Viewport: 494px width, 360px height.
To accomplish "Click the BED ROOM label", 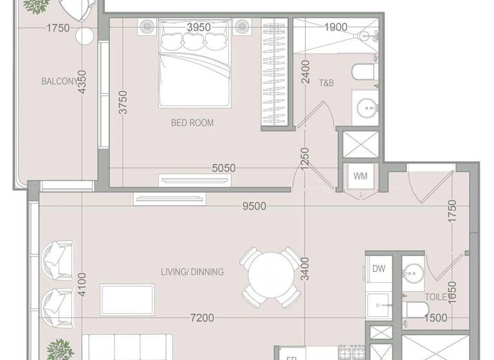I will click(x=192, y=123).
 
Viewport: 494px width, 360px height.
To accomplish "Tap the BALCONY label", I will click(x=59, y=82).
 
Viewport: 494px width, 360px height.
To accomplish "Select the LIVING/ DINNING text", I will click(x=192, y=272).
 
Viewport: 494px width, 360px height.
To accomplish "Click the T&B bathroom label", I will click(x=326, y=82).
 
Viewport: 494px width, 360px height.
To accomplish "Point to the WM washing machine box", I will click(x=359, y=175).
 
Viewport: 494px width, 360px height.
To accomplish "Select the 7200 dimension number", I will click(x=203, y=318).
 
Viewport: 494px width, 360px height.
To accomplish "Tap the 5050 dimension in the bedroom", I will click(x=224, y=168).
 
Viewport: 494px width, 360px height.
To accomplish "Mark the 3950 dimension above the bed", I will click(x=199, y=27).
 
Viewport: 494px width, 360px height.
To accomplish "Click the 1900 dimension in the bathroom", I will click(x=335, y=27).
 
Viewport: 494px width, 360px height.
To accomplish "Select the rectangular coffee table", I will click(x=127, y=300).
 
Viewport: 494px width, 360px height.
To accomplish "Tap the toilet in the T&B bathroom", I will click(x=363, y=73).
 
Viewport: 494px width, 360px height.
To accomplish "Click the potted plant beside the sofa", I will click(x=60, y=348).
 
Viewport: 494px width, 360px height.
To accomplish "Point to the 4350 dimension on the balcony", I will click(x=82, y=82).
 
